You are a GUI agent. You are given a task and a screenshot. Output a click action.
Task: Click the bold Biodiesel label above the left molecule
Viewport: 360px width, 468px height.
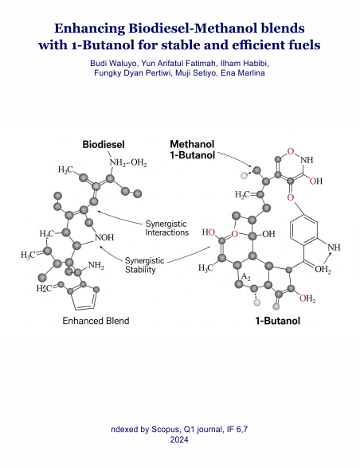pos(104,145)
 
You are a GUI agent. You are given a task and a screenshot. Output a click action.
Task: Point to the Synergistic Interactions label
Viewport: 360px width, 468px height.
pos(167,228)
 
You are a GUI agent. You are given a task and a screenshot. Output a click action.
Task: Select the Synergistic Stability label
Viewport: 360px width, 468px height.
pos(144,265)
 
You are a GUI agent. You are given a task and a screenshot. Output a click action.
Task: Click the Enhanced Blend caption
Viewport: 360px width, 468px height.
pos(96,321)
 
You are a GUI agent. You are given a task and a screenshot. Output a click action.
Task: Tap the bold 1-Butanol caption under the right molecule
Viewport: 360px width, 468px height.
pos(277,321)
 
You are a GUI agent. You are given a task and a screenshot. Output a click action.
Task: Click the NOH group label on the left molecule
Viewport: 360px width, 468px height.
pos(104,237)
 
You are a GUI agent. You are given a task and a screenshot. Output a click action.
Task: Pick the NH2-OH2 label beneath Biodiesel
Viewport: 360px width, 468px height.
pos(128,163)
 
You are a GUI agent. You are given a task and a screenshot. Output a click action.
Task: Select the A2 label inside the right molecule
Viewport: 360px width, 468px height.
pos(245,277)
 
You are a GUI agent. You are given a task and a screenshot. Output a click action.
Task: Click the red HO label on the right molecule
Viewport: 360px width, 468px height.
pos(209,232)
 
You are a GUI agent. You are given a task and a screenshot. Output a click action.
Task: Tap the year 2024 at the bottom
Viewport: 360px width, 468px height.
pos(179,439)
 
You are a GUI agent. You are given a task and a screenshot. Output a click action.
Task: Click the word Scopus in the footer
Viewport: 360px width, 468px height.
pos(166,430)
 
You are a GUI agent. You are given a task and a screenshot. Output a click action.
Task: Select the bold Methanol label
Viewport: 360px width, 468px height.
pos(192,144)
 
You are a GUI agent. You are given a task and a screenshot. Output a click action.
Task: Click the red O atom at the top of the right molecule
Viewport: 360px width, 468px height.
pos(291,151)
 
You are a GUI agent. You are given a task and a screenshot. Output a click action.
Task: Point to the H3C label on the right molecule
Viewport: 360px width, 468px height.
pos(205,268)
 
